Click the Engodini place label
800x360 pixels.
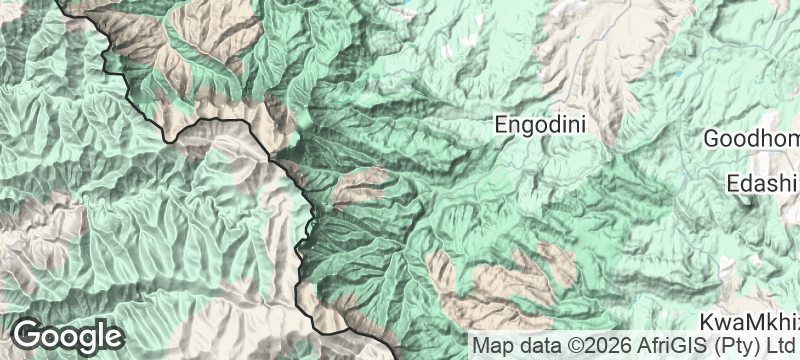point(541,126)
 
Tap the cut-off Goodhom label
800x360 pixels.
point(751,139)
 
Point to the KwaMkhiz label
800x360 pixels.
point(749,323)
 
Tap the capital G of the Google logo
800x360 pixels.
point(28,335)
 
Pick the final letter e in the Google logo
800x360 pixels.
point(113,337)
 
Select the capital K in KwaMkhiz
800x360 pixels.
point(707,323)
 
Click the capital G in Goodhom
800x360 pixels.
point(713,139)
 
